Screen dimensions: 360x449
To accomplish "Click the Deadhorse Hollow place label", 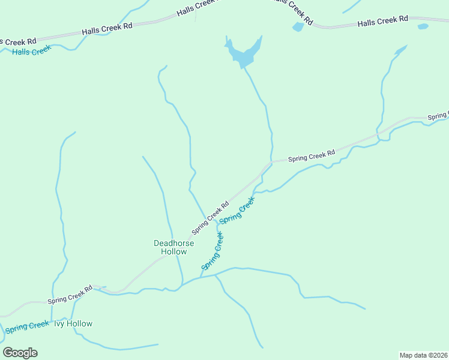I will coord(173,247).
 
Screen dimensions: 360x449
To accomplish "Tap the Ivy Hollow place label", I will coord(73,323).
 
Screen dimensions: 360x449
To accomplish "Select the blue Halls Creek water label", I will coord(31,51).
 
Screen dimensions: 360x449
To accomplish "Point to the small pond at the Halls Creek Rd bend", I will coord(298,27).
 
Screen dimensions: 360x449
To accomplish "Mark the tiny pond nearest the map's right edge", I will coord(423,26).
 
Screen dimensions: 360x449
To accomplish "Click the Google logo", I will coord(20,353).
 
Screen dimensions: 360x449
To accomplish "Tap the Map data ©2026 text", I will coord(423,355).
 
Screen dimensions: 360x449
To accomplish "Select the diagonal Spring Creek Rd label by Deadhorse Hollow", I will coord(210,218).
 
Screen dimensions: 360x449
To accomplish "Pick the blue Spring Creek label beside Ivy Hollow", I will coord(27,327).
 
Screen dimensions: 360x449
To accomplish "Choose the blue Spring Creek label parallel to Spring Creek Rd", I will coord(237,212).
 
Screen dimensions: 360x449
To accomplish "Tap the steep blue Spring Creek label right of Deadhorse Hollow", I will coord(213,251).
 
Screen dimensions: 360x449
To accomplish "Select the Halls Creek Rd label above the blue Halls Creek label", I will coord(107,28).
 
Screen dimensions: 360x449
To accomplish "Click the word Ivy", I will coord(59,323).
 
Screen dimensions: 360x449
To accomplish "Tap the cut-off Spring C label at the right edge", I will coord(438,116).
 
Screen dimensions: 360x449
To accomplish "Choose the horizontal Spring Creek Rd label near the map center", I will coord(311,157).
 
